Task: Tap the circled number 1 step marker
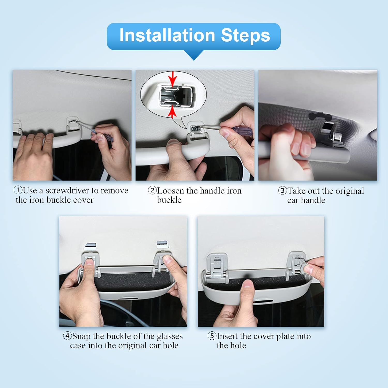click(x=18, y=190)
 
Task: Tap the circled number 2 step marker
click(x=152, y=190)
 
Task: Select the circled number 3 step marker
click(x=282, y=191)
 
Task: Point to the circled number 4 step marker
click(x=67, y=336)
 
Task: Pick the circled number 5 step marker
click(x=212, y=336)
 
